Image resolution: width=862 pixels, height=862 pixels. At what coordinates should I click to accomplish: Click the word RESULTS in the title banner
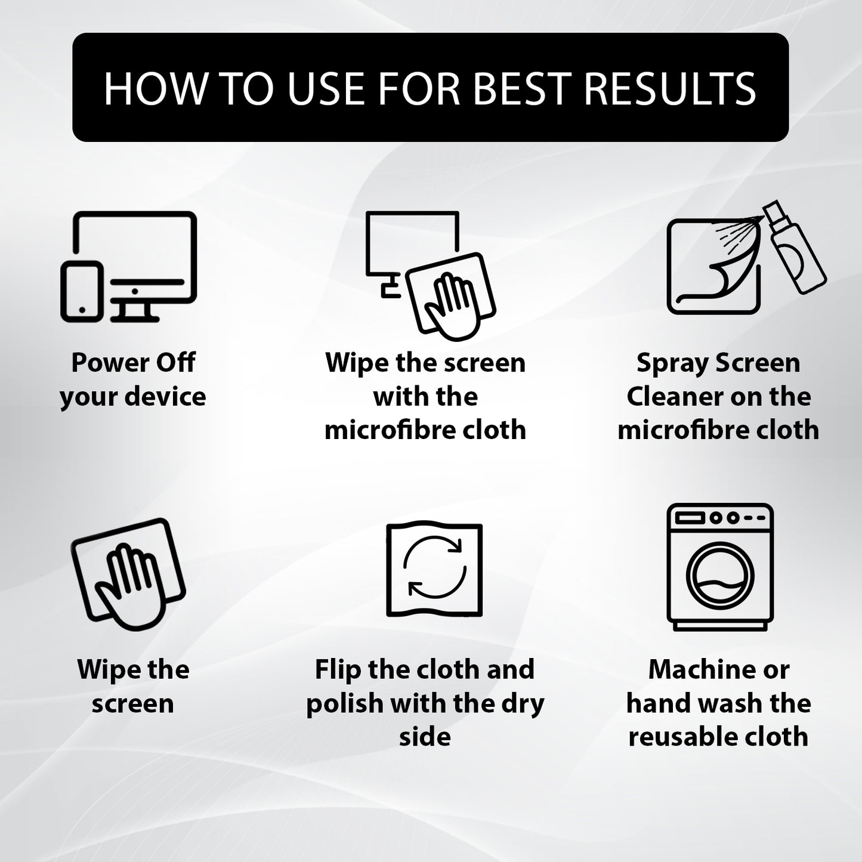670,88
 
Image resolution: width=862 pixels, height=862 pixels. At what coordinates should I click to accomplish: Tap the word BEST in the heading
521,88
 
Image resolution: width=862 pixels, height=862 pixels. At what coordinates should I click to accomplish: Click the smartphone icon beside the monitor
82,291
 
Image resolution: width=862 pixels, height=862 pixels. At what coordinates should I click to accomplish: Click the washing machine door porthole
720,575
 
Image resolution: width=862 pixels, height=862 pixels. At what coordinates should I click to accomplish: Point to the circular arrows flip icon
435,568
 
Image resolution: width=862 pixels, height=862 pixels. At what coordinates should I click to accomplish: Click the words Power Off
133,362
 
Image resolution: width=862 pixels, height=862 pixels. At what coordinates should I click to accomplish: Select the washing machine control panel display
690,518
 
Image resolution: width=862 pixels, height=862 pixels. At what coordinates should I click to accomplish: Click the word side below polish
425,737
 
